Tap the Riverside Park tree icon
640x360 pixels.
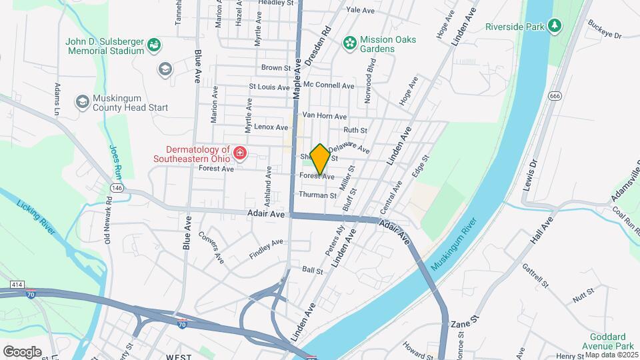point(553,26)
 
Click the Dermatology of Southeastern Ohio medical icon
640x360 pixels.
point(239,155)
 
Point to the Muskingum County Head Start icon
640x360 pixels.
point(82,102)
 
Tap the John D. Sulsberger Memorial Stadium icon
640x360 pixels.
point(155,45)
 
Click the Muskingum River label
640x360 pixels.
point(455,243)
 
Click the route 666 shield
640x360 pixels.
point(555,97)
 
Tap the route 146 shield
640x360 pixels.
point(117,189)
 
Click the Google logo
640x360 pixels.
point(22,351)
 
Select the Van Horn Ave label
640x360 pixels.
point(325,115)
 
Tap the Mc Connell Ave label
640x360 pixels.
point(328,85)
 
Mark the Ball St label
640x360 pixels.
point(313,271)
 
